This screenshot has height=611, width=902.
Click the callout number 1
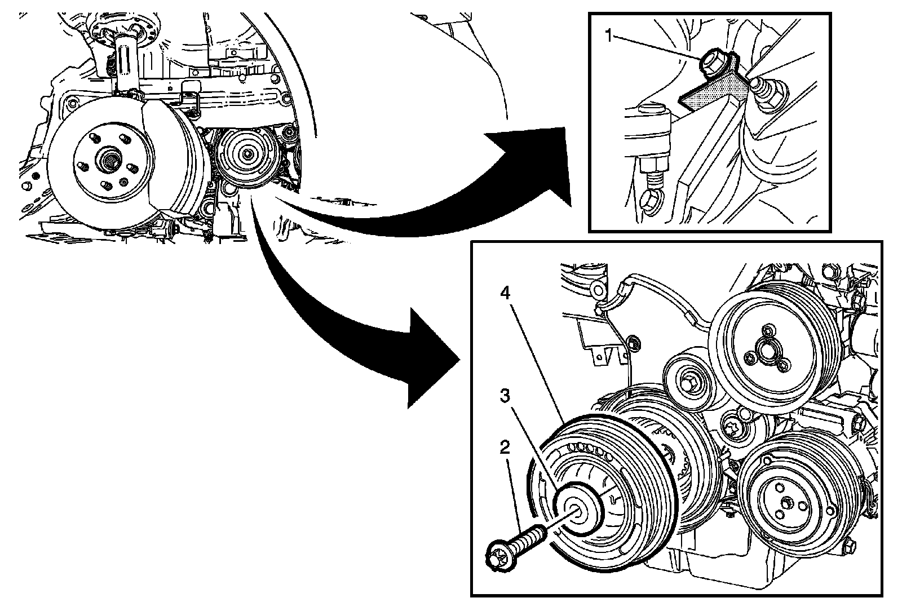[x=609, y=37]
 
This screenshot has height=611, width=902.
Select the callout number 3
[x=506, y=396]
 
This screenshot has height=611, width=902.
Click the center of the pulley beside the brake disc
[x=247, y=155]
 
